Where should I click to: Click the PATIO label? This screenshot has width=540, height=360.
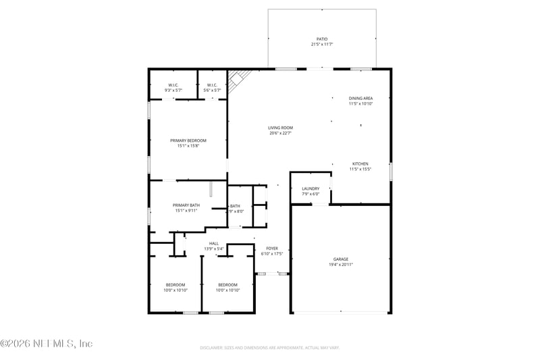pos(322,39)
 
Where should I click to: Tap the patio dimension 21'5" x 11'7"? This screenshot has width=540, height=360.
pos(322,45)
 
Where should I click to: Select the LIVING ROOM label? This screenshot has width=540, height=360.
pos(280,128)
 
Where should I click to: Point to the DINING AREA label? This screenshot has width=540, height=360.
pos(360,98)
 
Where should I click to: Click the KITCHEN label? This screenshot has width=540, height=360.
pos(360,163)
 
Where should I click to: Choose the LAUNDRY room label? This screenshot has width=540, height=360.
pos(310,188)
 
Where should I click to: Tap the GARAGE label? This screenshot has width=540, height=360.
pos(340,259)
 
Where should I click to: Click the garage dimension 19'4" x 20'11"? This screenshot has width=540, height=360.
pos(340,264)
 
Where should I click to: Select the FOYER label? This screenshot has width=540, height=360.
pos(272,249)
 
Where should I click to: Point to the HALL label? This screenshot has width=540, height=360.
pos(213,243)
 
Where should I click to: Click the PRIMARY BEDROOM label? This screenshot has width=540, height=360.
pos(188,140)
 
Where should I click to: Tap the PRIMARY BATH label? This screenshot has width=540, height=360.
pos(186,205)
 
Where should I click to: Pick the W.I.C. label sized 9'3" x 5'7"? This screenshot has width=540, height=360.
pos(173,84)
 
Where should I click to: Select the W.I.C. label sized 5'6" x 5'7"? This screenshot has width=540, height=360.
pos(212,84)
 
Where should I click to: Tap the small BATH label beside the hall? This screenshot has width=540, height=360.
pos(235,206)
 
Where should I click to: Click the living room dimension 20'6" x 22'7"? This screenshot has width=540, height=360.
pos(280,133)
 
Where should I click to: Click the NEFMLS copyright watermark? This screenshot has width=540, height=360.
pos(47,344)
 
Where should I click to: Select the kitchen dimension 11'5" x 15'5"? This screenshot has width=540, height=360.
pos(360,169)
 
